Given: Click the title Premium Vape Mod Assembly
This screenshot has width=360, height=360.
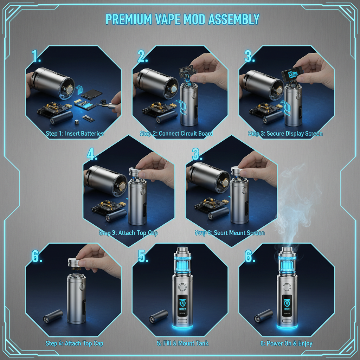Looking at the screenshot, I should (x=182, y=19).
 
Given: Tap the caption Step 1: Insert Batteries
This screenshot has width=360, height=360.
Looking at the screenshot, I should (x=75, y=134).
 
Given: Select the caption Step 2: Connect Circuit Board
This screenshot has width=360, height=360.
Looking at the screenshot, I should (x=176, y=134).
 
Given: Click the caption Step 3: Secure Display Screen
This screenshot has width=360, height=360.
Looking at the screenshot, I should (x=285, y=134).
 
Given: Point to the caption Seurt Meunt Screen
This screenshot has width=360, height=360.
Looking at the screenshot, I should (x=230, y=233).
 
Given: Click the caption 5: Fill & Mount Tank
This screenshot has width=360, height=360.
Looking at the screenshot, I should (x=182, y=343).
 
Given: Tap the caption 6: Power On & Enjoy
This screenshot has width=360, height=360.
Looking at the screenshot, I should (x=286, y=343).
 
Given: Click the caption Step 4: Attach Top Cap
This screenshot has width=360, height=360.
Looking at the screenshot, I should (x=75, y=343).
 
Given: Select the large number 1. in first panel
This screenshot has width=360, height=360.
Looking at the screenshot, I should (x=36, y=56).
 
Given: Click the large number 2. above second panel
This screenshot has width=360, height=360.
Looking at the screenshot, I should (x=142, y=56).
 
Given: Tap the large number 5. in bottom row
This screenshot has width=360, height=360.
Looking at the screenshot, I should (x=142, y=256).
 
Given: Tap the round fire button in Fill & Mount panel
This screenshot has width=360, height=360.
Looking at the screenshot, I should (x=182, y=285).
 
